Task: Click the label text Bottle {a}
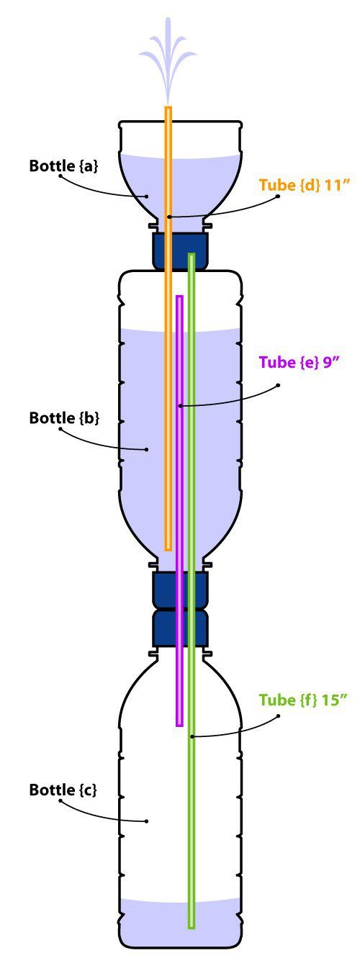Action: point(63,166)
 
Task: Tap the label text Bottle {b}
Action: point(64,417)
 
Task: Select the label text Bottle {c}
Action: point(63,790)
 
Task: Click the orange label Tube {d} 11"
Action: point(305,185)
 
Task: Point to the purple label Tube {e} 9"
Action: point(299,362)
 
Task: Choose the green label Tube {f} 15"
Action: point(305,700)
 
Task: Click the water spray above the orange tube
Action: point(168,59)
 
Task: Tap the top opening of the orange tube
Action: point(168,107)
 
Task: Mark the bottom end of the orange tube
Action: point(168,549)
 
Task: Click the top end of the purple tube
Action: point(179,297)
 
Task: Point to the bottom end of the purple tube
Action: point(179,726)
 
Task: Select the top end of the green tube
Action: point(192,255)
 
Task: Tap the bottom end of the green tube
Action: point(192,928)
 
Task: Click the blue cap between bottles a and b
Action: point(179,250)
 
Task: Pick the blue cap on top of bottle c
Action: point(179,628)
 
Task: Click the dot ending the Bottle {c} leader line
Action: point(147,821)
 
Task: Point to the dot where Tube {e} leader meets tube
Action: point(179,406)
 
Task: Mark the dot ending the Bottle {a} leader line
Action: point(147,196)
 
